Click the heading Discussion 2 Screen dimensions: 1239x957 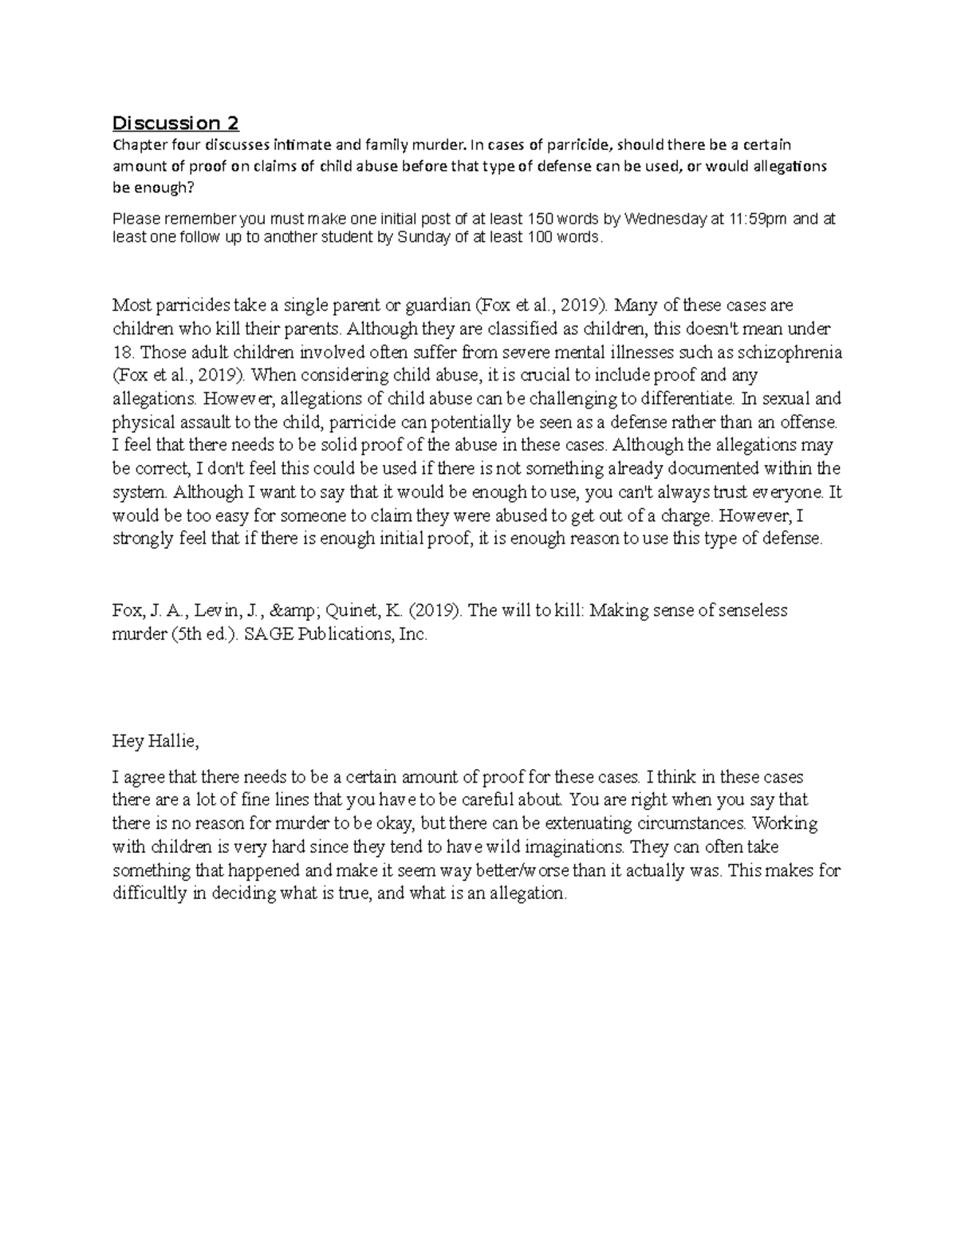(x=175, y=124)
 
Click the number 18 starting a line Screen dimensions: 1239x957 (x=120, y=352)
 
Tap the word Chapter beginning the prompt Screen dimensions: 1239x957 (x=137, y=145)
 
